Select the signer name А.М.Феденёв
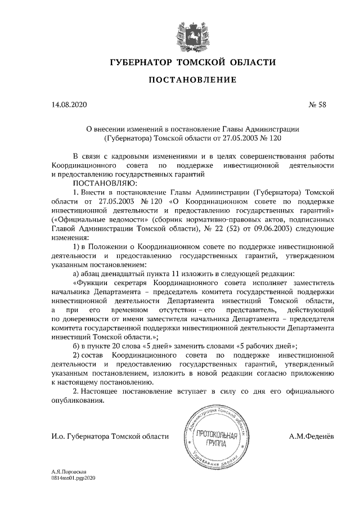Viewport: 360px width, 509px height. tap(312, 436)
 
